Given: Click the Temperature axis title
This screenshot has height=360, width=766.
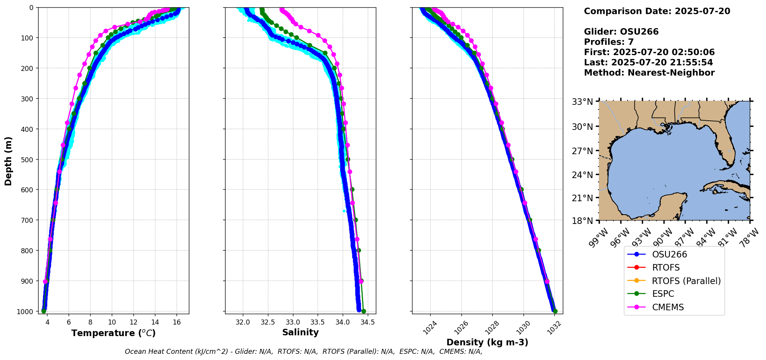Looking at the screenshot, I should pyautogui.click(x=113, y=333).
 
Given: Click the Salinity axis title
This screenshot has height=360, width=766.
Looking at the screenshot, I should pyautogui.click(x=300, y=332).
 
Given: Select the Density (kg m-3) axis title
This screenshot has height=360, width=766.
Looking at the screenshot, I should pyautogui.click(x=487, y=342).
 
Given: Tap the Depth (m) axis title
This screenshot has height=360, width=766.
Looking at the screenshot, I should pyautogui.click(x=8, y=161).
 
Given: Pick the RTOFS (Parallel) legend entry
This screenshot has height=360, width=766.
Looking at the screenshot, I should pyautogui.click(x=686, y=281).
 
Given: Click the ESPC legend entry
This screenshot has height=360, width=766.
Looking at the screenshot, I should pyautogui.click(x=663, y=294).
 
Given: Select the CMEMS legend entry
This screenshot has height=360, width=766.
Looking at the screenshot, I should pyautogui.click(x=668, y=307).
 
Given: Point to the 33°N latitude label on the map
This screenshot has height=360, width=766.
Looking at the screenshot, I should pyautogui.click(x=582, y=102).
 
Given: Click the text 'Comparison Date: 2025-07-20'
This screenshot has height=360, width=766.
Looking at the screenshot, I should pyautogui.click(x=657, y=11).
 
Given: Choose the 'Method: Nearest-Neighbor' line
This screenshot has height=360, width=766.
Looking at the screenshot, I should pyautogui.click(x=649, y=73).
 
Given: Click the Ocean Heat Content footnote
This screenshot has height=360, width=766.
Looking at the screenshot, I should pyautogui.click(x=303, y=352).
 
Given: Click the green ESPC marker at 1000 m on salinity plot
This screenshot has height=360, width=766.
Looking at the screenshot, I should pyautogui.click(x=364, y=311).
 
